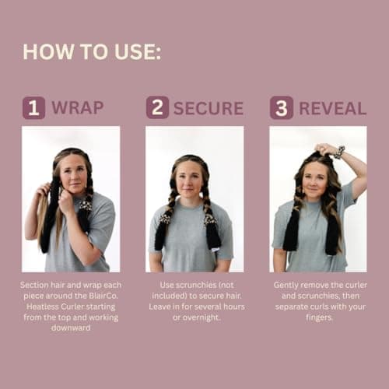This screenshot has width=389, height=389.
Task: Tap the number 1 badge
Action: click(33, 107)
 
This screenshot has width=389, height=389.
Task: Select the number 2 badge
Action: click(157, 107)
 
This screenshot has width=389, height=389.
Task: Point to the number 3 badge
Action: click(281, 107)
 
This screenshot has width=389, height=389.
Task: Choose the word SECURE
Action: click(209, 107)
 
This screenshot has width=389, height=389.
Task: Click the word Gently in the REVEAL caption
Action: click(287, 286)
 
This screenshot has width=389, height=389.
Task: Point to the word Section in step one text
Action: click(34, 286)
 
